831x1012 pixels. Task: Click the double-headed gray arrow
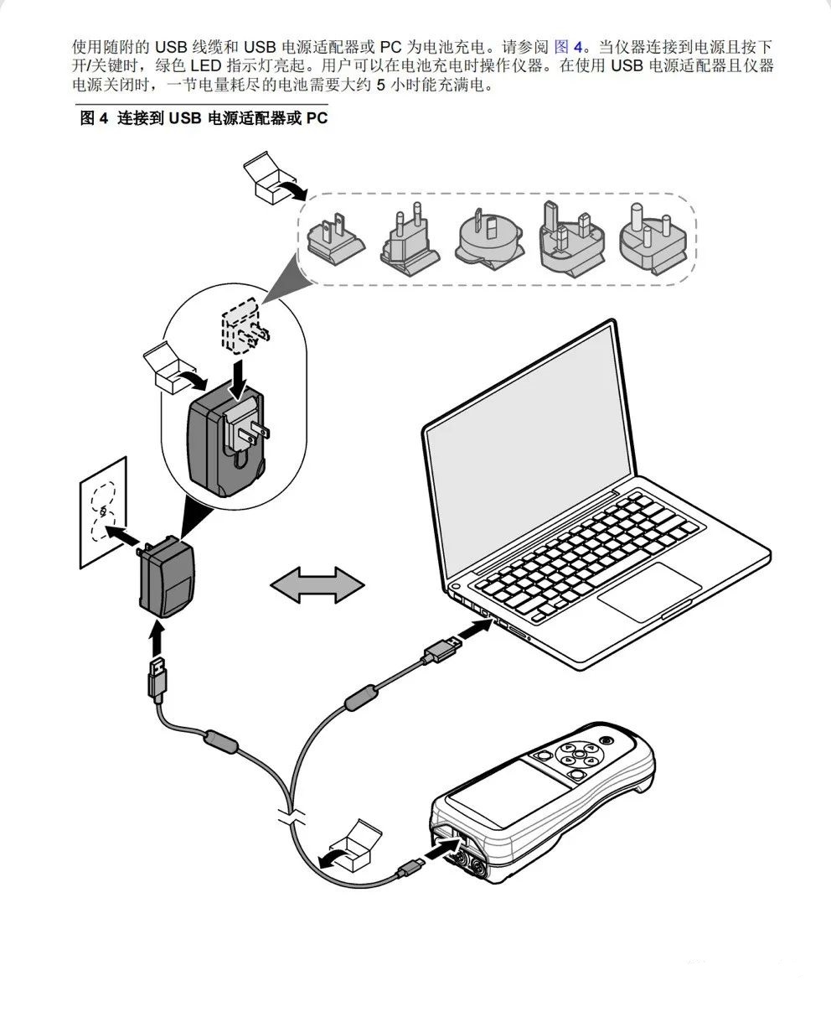(317, 583)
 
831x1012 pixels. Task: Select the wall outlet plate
(102, 514)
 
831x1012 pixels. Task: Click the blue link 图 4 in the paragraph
(569, 46)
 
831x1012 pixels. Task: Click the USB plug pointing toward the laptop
(441, 649)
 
